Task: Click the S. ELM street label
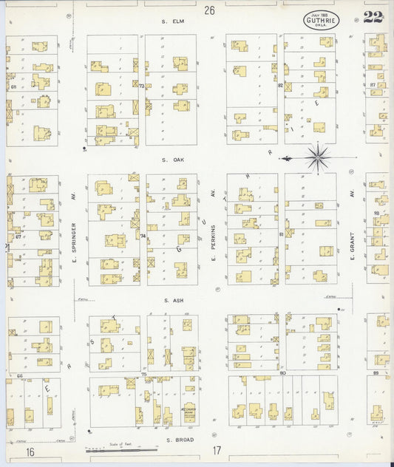click(x=172, y=21)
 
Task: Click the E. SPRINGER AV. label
click(x=74, y=231)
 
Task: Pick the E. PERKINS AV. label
click(x=212, y=231)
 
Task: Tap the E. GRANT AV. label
click(x=353, y=231)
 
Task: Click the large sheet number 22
click(x=373, y=18)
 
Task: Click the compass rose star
click(x=318, y=157)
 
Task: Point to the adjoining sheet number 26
click(x=210, y=10)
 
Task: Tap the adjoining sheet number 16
click(x=30, y=451)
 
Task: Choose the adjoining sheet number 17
click(x=217, y=450)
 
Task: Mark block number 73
click(x=140, y=86)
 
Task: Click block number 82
click(x=280, y=86)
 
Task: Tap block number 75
click(x=143, y=375)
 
